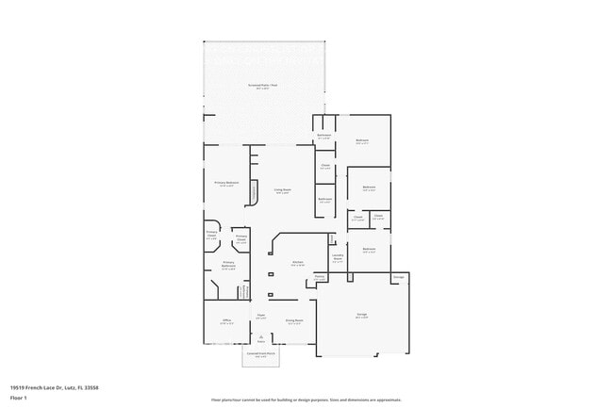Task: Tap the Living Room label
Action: point(283,191)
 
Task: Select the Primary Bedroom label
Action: point(226,183)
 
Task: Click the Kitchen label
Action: point(297,263)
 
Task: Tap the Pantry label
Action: point(321,277)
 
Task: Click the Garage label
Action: point(361,318)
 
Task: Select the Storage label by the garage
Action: point(399,277)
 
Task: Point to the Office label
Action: point(226,322)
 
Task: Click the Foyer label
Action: point(261,317)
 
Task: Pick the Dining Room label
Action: point(294,321)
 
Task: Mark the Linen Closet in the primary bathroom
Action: point(246,291)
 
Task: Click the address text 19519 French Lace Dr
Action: point(55,387)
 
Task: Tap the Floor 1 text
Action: point(18,399)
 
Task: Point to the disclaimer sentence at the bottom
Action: point(306,400)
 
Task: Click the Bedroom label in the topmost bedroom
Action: point(362,140)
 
